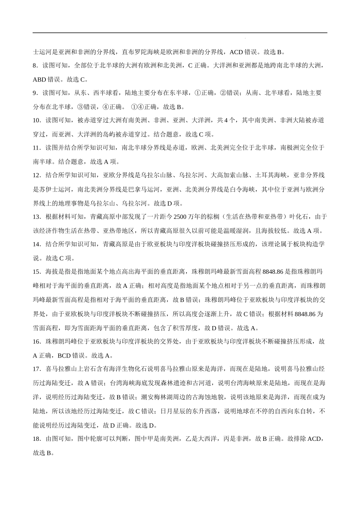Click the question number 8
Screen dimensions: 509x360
(x=35, y=66)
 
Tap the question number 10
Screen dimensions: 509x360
(x=36, y=120)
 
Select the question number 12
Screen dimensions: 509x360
(x=36, y=175)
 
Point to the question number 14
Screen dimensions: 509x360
(x=36, y=244)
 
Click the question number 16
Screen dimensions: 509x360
(x=36, y=342)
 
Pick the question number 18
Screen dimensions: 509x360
(x=36, y=439)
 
